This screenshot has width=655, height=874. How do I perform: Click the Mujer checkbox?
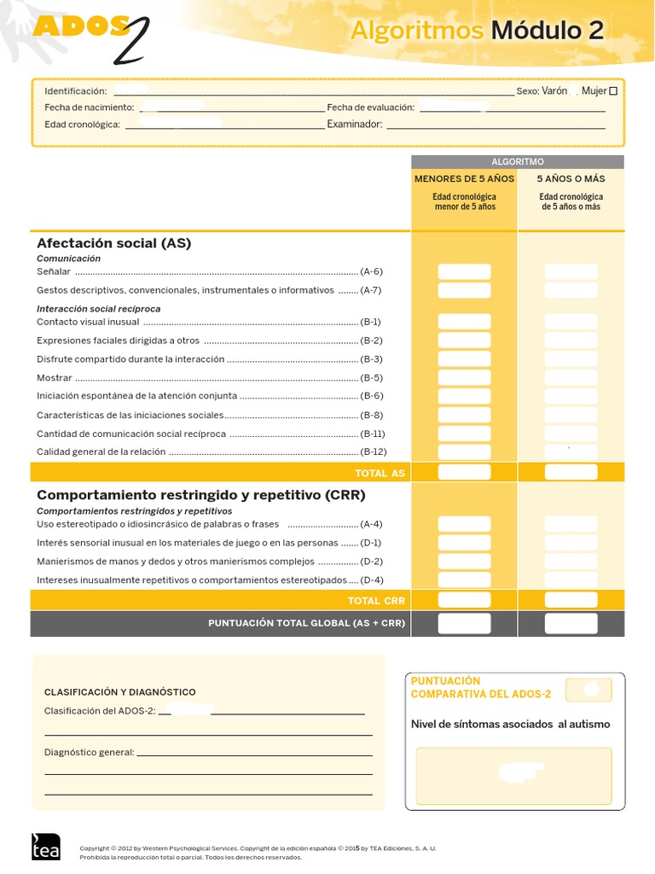pos(613,91)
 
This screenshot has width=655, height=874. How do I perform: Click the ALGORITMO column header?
pos(518,161)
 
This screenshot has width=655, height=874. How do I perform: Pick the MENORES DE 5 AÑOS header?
pos(464,179)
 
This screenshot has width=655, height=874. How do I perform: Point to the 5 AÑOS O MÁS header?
pos(571,179)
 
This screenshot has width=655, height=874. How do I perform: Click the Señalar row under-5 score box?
pos(464,272)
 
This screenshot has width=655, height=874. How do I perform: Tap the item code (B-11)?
pos(373,434)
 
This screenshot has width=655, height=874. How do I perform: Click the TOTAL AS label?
pos(380,473)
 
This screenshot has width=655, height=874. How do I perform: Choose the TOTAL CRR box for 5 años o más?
pos(571,601)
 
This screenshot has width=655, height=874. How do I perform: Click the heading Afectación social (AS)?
pos(114,243)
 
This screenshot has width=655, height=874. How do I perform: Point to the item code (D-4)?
pos(371,580)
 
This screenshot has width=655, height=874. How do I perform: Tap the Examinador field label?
pos(355,125)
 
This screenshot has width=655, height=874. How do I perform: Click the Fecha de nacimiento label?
pos(90,108)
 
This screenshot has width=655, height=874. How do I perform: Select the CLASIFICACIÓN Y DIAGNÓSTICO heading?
pos(119,692)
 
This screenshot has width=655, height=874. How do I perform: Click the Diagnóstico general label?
pos(89,752)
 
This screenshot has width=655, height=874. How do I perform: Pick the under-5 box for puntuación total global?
pos(464,624)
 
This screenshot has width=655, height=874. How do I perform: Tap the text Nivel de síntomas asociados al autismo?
pos(510,725)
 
